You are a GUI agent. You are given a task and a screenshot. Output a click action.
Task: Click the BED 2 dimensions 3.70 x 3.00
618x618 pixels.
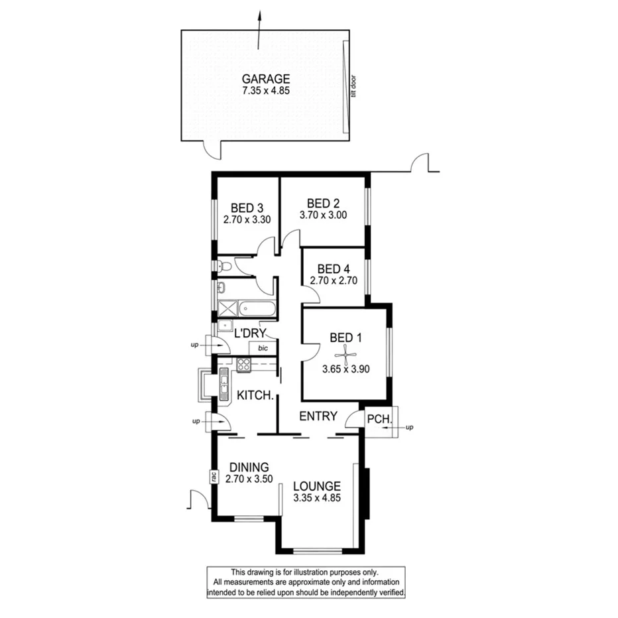324,215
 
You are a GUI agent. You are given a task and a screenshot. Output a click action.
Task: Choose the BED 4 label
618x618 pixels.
333,269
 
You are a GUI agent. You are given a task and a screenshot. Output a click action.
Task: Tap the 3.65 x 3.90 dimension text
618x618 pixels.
345,369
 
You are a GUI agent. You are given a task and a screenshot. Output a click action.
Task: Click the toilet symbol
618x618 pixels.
225,267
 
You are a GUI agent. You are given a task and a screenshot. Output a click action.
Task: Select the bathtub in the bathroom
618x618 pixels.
257,308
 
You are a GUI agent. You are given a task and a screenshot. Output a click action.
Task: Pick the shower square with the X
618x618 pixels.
227,308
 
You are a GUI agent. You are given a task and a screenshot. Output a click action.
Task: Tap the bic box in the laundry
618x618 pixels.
263,347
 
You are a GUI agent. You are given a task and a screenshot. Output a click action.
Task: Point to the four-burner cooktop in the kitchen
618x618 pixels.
243,363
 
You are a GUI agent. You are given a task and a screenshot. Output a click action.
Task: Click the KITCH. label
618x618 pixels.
255,395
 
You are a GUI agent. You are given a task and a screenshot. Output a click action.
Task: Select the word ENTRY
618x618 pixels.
318,416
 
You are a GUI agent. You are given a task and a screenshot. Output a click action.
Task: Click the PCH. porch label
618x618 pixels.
380,419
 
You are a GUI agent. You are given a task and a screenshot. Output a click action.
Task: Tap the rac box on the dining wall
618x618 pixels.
214,476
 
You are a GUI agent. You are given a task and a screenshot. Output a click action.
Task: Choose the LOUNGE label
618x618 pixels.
317,485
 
